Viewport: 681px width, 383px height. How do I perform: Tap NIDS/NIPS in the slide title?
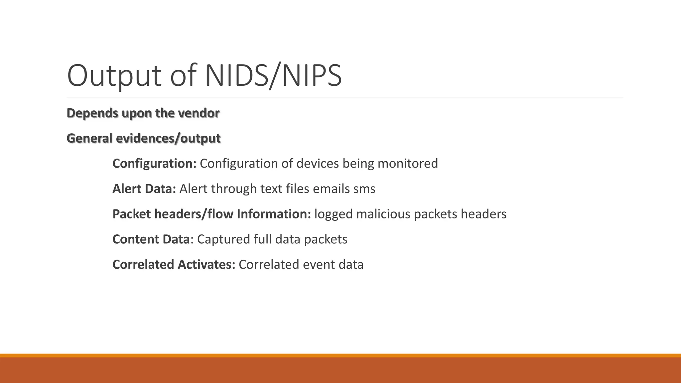point(273,76)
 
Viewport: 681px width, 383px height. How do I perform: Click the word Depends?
point(92,113)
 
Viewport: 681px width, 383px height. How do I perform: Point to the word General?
point(89,138)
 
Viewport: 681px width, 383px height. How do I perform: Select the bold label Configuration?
point(154,164)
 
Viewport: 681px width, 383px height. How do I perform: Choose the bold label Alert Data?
point(144,189)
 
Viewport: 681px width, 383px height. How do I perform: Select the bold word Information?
point(274,214)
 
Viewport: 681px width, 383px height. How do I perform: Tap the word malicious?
point(383,214)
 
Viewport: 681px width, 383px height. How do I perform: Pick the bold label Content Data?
point(151,239)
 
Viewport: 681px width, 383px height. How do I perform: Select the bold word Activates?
point(206,265)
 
